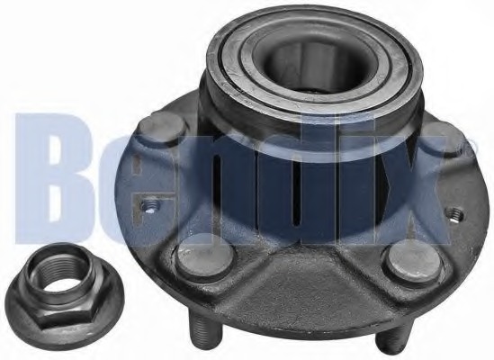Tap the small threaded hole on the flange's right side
(x=455, y=213)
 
